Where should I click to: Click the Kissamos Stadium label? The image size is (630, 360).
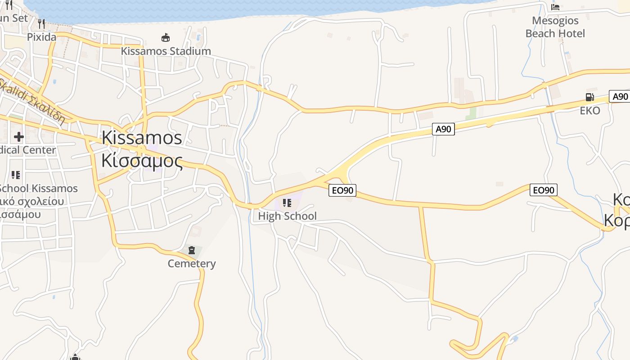pos(166,51)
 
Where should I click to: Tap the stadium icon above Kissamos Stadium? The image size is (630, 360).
pos(166,37)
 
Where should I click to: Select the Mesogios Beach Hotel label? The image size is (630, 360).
pos(555,27)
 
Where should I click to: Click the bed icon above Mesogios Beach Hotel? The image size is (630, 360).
pos(555,7)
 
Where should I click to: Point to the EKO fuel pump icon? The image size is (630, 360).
pos(589,97)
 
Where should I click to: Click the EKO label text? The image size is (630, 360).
pos(589,111)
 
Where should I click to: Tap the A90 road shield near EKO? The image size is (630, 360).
pos(620,96)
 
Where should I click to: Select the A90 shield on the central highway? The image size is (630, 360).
pos(443,129)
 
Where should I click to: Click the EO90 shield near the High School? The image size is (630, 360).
pos(342,190)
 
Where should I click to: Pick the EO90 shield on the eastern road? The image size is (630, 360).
pos(543,190)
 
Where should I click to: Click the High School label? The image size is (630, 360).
pos(287,216)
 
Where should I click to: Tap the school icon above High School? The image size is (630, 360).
pos(287,203)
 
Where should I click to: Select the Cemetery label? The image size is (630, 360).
pos(192,263)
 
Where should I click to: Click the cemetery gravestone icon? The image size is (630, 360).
pos(192,250)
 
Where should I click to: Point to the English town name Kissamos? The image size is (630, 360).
pos(142,138)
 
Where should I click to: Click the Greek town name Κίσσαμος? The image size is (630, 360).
pos(142,160)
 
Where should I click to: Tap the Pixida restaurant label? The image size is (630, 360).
pos(41,37)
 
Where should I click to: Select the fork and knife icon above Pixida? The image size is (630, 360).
pos(41,23)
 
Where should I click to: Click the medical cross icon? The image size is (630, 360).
pos(18,136)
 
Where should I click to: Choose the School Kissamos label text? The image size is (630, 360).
pos(39,188)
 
